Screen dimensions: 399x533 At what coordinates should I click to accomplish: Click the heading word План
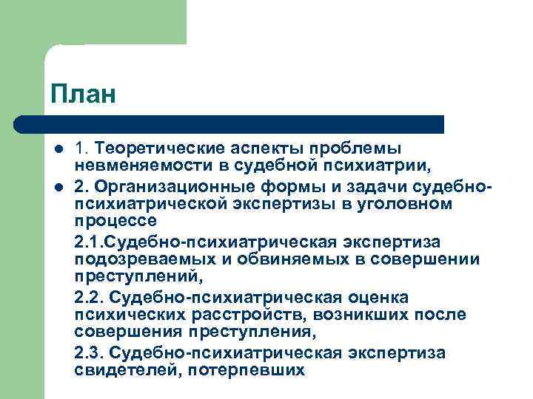(84, 95)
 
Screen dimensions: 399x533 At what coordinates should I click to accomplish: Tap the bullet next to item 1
(57, 149)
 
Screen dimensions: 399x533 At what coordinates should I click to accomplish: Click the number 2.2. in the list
(90, 296)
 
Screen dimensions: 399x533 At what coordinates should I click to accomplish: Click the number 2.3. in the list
(90, 352)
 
